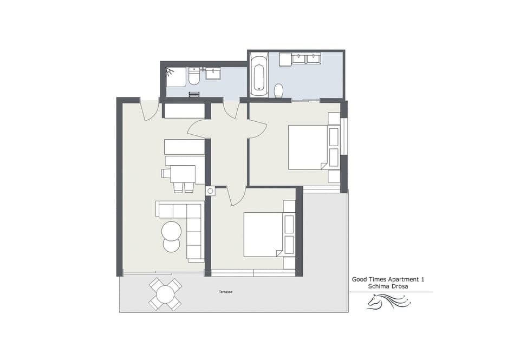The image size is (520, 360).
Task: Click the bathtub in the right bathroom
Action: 259,76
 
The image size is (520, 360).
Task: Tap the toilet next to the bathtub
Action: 279,90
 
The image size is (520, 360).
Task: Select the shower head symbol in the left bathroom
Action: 170,71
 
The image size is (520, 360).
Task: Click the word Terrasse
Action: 226,292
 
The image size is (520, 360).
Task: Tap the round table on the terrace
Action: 165,294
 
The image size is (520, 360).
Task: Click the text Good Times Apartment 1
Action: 388,279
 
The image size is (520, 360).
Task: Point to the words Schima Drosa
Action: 387,286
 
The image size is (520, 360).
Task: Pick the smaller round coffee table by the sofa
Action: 171,245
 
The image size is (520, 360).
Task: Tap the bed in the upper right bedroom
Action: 308,147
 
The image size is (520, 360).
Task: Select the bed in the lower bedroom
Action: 263,234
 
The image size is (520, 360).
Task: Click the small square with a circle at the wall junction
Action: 210,191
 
